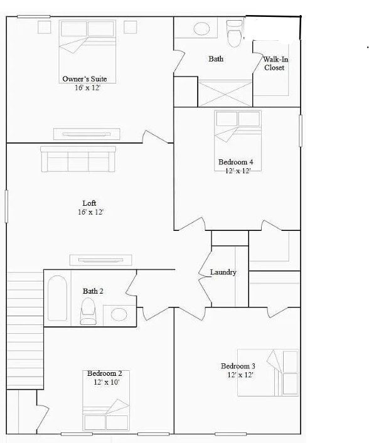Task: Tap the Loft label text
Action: coord(89,203)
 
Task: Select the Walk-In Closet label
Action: coord(274,63)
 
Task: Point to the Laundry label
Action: coord(223,272)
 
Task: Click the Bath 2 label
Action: coord(93,291)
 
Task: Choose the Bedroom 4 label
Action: coord(235,163)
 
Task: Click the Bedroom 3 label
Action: coord(237,366)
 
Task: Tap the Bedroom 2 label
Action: coord(104,373)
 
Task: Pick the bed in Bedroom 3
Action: coord(269,373)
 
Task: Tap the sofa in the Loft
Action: coord(78,159)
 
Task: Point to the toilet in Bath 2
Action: coord(88,309)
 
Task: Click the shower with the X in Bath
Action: coord(225,92)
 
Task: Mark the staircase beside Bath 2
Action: coord(25,329)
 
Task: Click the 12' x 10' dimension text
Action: coord(107,382)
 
